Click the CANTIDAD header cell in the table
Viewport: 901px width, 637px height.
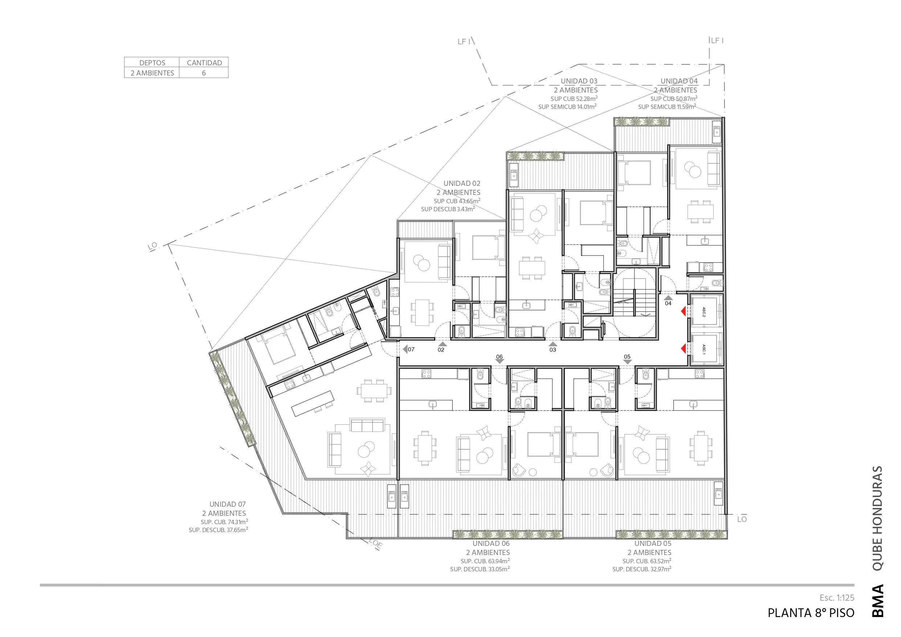204,62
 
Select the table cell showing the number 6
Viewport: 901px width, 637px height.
204,73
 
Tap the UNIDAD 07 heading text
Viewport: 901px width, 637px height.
227,504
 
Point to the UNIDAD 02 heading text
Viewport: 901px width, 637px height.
462,183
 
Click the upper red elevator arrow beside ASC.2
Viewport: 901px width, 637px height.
683,311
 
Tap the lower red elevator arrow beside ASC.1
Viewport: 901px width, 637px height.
683,348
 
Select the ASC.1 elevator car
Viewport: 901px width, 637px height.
706,349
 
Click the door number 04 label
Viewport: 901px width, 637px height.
668,303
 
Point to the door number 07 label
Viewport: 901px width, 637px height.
411,349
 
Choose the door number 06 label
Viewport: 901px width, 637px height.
499,357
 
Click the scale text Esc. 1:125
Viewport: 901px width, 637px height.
837,598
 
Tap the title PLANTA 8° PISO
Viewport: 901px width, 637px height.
811,613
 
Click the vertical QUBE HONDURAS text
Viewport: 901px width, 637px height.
877,518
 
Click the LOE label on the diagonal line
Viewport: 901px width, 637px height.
376,544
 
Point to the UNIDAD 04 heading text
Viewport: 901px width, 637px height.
679,81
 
